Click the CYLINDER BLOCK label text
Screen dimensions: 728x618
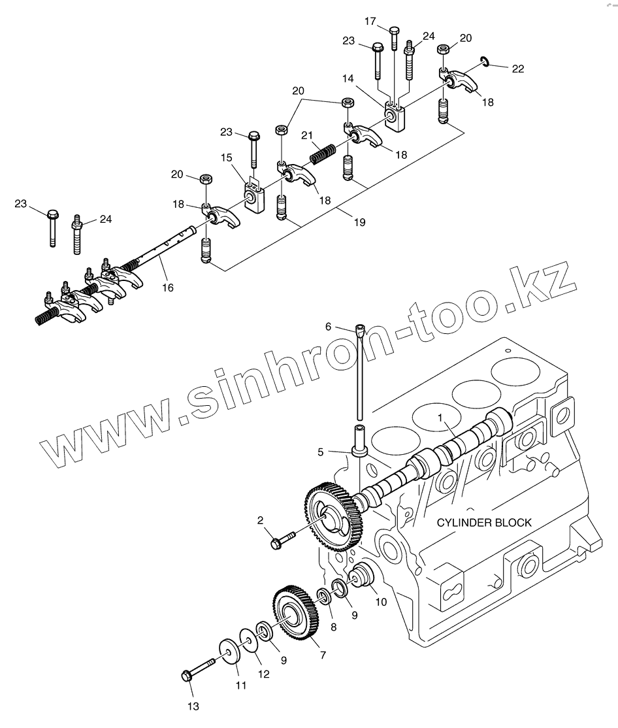pyautogui.click(x=484, y=523)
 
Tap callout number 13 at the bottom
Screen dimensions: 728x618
pyautogui.click(x=193, y=706)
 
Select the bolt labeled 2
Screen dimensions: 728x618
pyautogui.click(x=282, y=539)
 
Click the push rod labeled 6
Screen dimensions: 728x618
pyautogui.click(x=360, y=372)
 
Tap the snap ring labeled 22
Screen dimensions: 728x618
pyautogui.click(x=483, y=61)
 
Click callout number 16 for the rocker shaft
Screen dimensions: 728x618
pyautogui.click(x=168, y=287)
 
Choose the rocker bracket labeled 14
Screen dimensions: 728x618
pyautogui.click(x=396, y=116)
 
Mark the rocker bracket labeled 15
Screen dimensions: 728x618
pyautogui.click(x=255, y=197)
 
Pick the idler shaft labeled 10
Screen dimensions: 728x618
pyautogui.click(x=361, y=580)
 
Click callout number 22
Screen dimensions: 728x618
pyautogui.click(x=518, y=68)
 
